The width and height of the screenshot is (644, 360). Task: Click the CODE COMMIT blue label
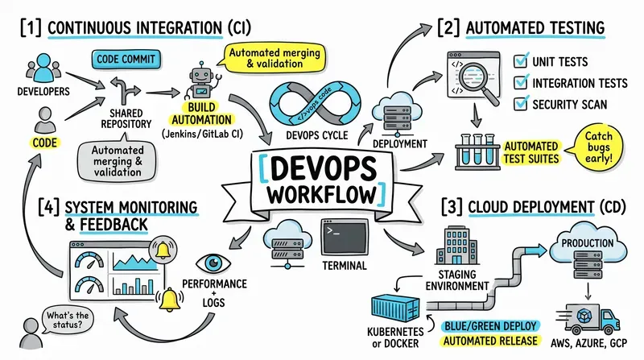pos(126,59)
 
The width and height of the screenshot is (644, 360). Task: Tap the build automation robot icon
pos(201,81)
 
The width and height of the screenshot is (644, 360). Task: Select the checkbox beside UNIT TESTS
pos(521,61)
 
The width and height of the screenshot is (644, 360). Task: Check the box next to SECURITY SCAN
pos(521,103)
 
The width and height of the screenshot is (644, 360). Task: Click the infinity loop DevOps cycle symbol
pos(315,104)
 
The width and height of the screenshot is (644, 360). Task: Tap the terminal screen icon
pos(345,237)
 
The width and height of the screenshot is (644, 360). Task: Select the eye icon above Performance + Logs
pos(213,263)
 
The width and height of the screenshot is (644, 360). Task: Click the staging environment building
pos(456,245)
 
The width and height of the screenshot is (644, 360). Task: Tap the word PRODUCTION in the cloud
pos(588,243)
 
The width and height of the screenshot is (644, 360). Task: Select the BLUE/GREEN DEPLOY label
pos(490,326)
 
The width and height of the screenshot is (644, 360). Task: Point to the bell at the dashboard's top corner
pos(163,249)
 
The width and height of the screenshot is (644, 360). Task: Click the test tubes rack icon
pos(477,151)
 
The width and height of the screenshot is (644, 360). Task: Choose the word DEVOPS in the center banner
pos(324,168)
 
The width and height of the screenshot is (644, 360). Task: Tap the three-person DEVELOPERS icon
pos(43,68)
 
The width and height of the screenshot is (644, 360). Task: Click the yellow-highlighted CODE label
pos(45,143)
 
